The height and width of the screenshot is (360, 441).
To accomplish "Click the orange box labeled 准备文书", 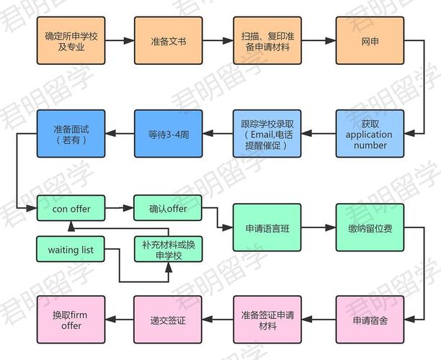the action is (168, 41).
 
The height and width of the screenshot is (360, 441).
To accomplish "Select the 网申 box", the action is (370, 41).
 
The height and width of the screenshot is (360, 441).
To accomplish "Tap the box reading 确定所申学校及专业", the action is (71, 41).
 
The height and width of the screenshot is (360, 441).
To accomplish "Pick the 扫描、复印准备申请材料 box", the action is (267, 41).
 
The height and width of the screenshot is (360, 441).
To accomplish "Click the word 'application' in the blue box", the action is (369, 135).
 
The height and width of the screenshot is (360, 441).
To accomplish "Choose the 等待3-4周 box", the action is (168, 133).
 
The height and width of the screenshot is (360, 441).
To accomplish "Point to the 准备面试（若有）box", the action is (71, 133).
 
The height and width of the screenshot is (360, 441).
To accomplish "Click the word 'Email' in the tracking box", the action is (262, 135).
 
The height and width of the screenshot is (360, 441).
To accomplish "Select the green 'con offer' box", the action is (71, 208).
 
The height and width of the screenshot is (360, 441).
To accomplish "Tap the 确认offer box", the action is (168, 208).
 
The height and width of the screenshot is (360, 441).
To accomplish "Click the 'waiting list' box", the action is (71, 249).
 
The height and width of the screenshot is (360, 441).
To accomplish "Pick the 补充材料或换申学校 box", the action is (168, 249).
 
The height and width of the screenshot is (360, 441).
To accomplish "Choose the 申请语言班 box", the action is (267, 228).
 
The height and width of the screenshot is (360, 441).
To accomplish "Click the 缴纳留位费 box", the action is (370, 228).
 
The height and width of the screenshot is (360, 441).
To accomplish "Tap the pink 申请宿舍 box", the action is (370, 320).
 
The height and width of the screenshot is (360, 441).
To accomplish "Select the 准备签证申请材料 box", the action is (267, 320).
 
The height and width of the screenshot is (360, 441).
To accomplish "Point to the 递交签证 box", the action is (168, 320).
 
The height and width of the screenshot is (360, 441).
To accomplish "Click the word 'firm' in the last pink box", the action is (79, 315).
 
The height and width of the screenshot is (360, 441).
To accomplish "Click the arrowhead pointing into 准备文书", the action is (129, 41).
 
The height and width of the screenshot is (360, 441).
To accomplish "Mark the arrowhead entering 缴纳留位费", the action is (331, 228).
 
